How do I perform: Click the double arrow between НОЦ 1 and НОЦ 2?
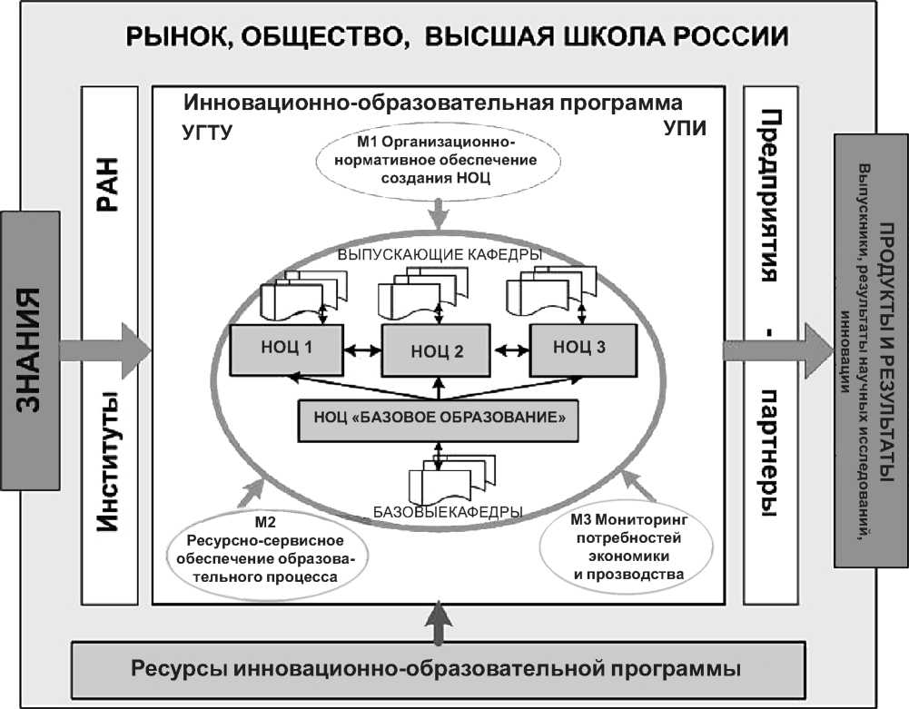pyautogui.click(x=361, y=349)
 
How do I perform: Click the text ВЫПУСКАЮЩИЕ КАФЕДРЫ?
pyautogui.click(x=440, y=255)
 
